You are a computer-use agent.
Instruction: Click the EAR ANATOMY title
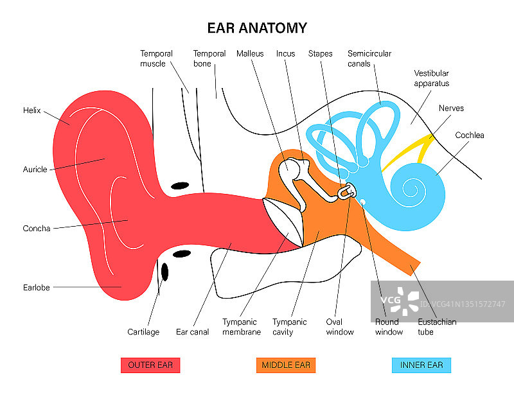click(257, 28)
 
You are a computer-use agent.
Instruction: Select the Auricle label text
click(35, 170)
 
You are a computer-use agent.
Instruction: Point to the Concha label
click(36, 229)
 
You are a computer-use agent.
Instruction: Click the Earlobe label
click(36, 288)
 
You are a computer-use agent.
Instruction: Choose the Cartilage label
click(143, 332)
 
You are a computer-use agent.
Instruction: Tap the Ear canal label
click(192, 332)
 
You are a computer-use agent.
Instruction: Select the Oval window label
click(339, 327)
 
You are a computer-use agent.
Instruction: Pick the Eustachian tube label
click(437, 327)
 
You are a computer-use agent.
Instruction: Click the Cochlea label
click(469, 135)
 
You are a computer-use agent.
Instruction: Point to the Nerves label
click(451, 109)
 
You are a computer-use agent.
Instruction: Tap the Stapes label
click(320, 54)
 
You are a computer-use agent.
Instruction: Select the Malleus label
click(250, 54)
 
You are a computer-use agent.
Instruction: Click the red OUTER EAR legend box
click(150, 365)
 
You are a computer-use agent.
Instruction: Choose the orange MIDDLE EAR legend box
click(286, 365)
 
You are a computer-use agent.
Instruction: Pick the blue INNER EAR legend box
click(421, 365)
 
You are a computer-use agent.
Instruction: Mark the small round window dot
click(363, 202)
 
